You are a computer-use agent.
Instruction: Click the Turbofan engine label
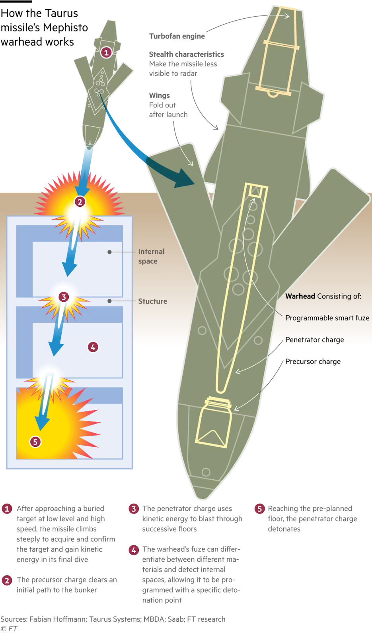click(177, 36)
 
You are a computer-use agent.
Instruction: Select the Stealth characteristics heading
click(186, 54)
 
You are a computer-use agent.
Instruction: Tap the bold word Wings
click(159, 95)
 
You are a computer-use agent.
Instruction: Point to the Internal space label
click(151, 256)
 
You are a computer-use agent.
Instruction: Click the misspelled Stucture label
click(152, 301)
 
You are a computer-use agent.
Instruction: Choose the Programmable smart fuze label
click(327, 318)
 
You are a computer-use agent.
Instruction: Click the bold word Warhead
click(300, 296)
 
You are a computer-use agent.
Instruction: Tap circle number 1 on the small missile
click(106, 52)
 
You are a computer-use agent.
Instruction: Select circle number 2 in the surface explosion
click(80, 202)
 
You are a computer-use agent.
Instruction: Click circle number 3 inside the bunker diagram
click(63, 297)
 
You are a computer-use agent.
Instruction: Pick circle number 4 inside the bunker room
click(93, 347)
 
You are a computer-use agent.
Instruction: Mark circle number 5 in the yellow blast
click(35, 442)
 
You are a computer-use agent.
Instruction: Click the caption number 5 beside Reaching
click(259, 509)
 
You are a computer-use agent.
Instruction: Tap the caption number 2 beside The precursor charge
click(7, 580)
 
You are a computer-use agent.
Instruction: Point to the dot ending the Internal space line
click(109, 252)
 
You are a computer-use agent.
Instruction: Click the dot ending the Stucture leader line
click(109, 301)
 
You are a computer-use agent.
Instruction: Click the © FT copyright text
click(9, 629)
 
